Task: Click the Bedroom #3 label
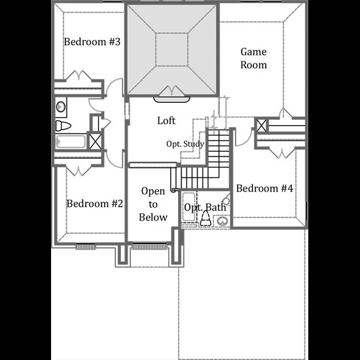pyautogui.click(x=92, y=42)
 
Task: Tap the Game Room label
pyautogui.click(x=253, y=58)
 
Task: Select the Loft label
pyautogui.click(x=166, y=121)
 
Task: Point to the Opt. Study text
pyautogui.click(x=185, y=144)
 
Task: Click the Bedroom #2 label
pyautogui.click(x=95, y=204)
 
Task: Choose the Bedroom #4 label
pyautogui.click(x=264, y=189)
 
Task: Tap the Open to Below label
pyautogui.click(x=153, y=204)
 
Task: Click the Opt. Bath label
pyautogui.click(x=205, y=207)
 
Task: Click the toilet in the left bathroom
pyautogui.click(x=63, y=126)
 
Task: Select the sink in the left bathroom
pyautogui.click(x=61, y=107)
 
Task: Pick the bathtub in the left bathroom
pyautogui.click(x=71, y=141)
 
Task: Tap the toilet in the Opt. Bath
pyautogui.click(x=206, y=219)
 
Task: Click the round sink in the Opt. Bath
pyautogui.click(x=222, y=221)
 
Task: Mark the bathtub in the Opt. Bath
pyautogui.click(x=189, y=207)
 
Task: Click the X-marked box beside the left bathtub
pyautogui.click(x=95, y=141)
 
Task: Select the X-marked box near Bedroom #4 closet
pyautogui.click(x=261, y=126)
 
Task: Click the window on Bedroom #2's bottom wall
pyautogui.click(x=85, y=247)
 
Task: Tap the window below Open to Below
pyautogui.click(x=149, y=247)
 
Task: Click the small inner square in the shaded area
pyautogui.click(x=172, y=50)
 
